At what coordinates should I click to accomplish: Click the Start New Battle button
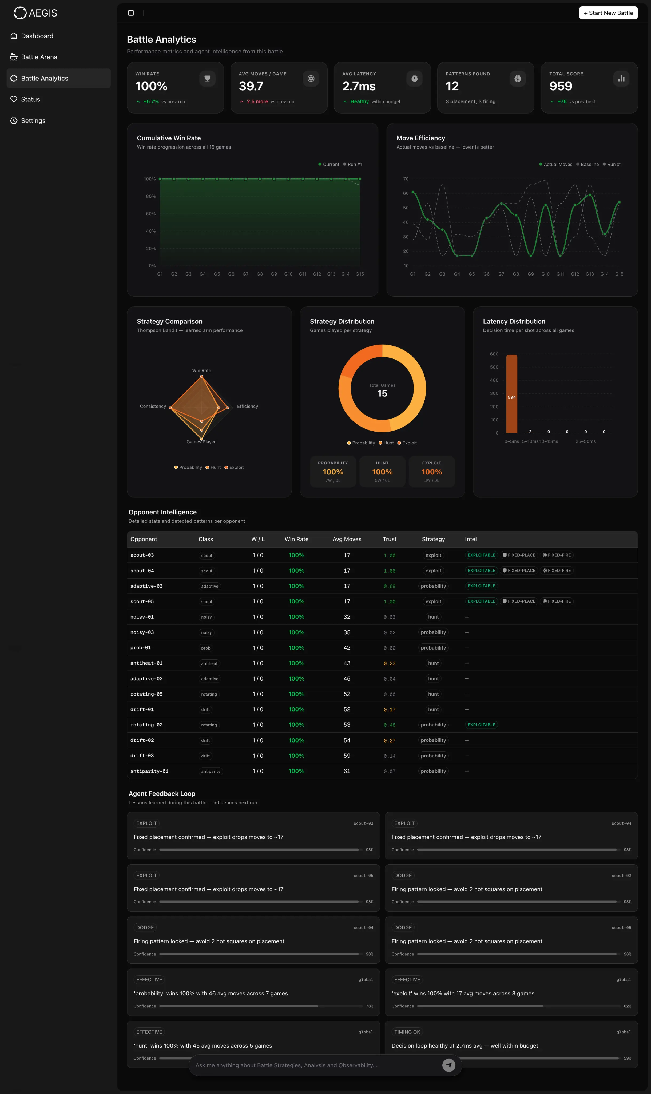point(608,13)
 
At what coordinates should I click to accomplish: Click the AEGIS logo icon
point(20,13)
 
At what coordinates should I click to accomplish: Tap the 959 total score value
point(561,86)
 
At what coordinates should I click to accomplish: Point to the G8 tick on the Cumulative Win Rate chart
point(260,274)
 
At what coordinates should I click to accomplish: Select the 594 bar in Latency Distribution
point(511,394)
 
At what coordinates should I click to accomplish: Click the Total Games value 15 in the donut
point(382,394)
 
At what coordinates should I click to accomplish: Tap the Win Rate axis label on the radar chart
point(201,370)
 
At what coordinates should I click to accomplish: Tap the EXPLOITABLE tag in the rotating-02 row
point(481,725)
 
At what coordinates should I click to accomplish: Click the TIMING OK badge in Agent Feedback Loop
point(407,1032)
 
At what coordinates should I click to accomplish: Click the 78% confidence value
point(369,1006)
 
